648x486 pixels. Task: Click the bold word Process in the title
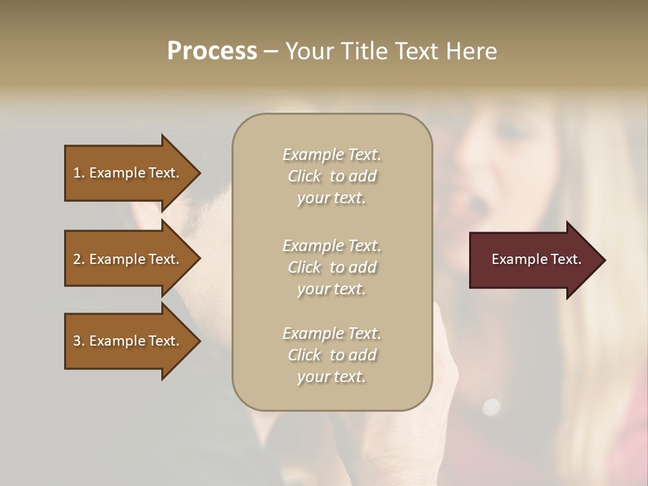coord(212,51)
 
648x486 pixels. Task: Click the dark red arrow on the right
coord(533,260)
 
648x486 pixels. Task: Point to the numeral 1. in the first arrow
coord(79,173)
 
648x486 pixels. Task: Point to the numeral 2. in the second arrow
coord(79,259)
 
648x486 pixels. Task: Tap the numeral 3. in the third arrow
coord(79,341)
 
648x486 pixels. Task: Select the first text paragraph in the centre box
coord(331,176)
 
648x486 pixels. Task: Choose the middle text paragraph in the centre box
coord(331,267)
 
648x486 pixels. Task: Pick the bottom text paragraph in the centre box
coord(331,355)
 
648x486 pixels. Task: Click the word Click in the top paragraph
coord(304,177)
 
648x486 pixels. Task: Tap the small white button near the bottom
coord(491,406)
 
